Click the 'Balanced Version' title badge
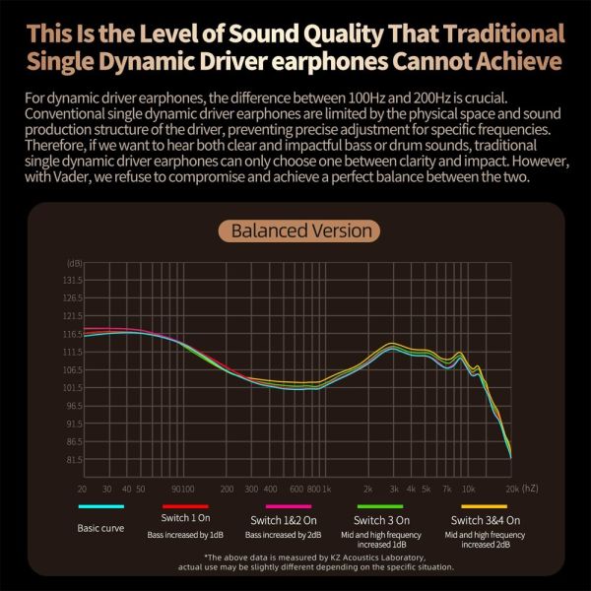coord(301,231)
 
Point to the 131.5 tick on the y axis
coord(72,281)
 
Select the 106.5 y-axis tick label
coord(72,370)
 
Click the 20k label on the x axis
coord(512,489)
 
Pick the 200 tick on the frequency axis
coord(228,489)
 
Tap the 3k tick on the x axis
coord(394,489)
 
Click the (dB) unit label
coord(74,263)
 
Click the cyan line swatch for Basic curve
coord(100,506)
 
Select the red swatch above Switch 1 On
coord(185,506)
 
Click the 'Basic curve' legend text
coord(100,528)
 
